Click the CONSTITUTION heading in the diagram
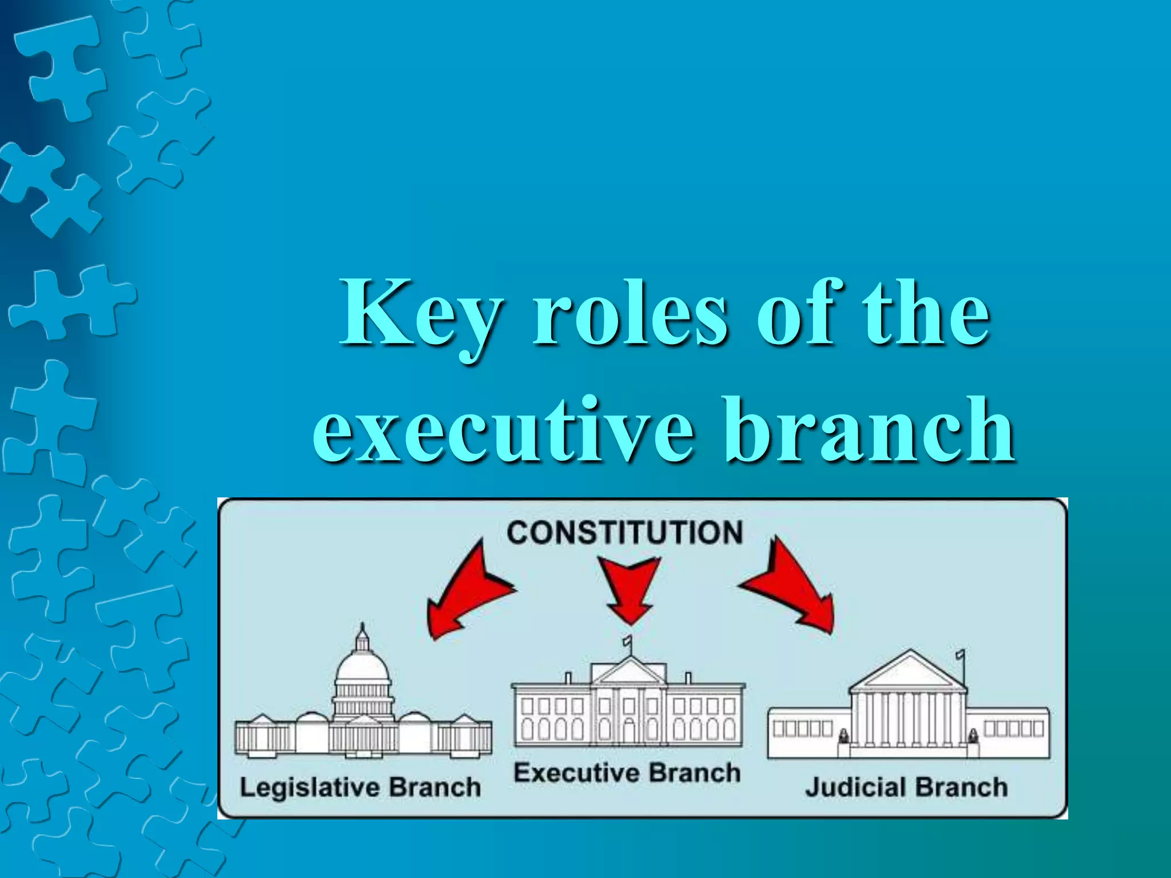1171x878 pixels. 624,532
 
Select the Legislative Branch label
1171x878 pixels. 360,787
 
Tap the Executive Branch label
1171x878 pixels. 627,773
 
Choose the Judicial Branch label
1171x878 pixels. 906,787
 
